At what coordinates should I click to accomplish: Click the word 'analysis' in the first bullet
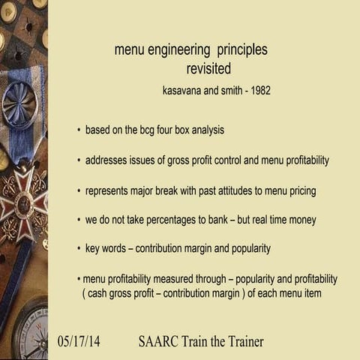pyautogui.click(x=207, y=130)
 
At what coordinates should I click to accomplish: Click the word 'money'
pyautogui.click(x=303, y=220)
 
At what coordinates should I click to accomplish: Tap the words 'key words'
pyautogui.click(x=106, y=248)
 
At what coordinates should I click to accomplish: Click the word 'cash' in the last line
pyautogui.click(x=97, y=293)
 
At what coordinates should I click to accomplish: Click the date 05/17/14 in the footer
pyautogui.click(x=79, y=341)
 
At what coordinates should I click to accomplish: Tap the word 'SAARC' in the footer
pyautogui.click(x=159, y=341)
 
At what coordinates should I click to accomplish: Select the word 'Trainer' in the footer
pyautogui.click(x=241, y=341)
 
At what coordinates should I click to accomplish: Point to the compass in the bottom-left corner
pyautogui.click(x=26, y=330)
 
